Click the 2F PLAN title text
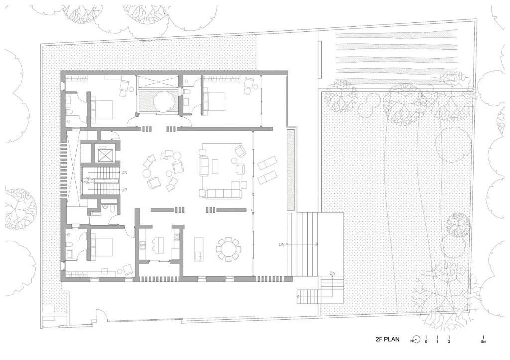click(388, 340)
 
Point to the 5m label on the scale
click(483, 342)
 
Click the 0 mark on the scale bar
click(426, 342)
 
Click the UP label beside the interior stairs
click(124, 190)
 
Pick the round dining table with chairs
click(228, 248)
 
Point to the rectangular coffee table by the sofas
click(215, 166)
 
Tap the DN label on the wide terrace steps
click(282, 244)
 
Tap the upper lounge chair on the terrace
click(268, 162)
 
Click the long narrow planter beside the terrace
click(291, 169)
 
